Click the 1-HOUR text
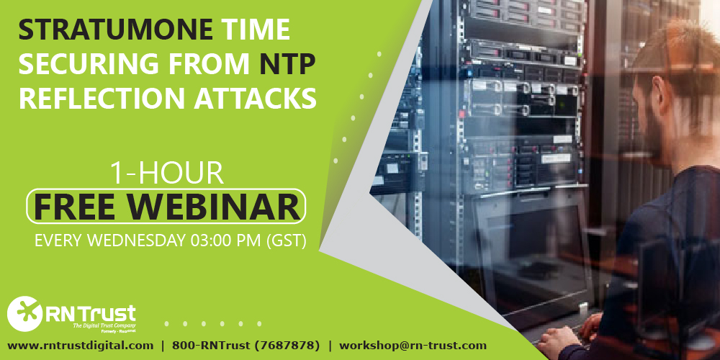[x=166, y=174]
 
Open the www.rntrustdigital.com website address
[x=80, y=346]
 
